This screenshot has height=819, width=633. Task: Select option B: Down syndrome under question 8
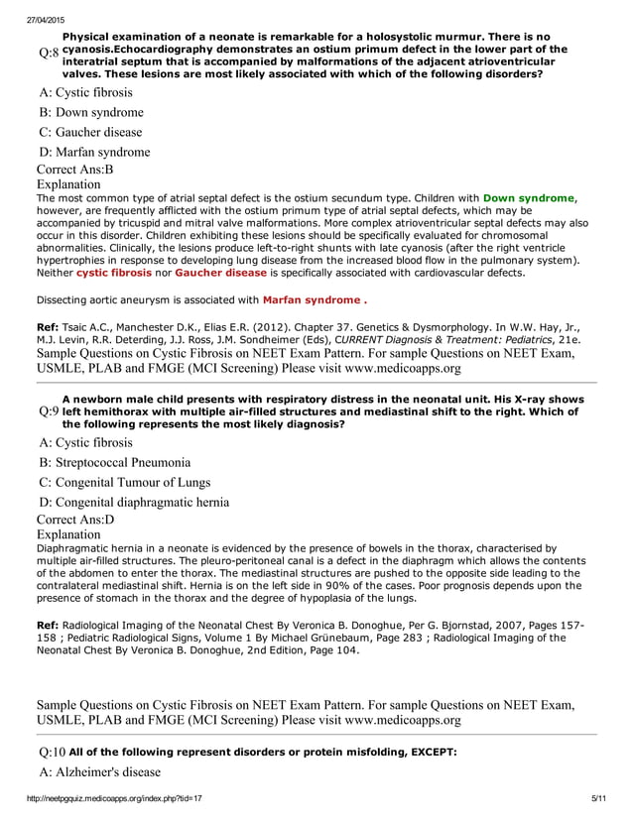pyautogui.click(x=91, y=112)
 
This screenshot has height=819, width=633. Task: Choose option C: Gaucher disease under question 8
pyautogui.click(x=90, y=132)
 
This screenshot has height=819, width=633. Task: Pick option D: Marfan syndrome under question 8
pyautogui.click(x=94, y=152)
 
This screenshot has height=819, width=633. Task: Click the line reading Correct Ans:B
pyautogui.click(x=74, y=170)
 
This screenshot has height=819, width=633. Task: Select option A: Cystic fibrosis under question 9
pyautogui.click(x=85, y=442)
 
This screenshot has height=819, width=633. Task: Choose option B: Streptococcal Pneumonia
pyautogui.click(x=115, y=462)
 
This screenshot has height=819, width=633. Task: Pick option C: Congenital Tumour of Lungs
pyautogui.click(x=124, y=482)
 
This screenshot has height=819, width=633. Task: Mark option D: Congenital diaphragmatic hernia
pyautogui.click(x=134, y=502)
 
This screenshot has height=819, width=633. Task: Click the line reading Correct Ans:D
pyautogui.click(x=74, y=520)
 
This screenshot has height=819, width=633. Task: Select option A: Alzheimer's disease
pyautogui.click(x=99, y=771)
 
